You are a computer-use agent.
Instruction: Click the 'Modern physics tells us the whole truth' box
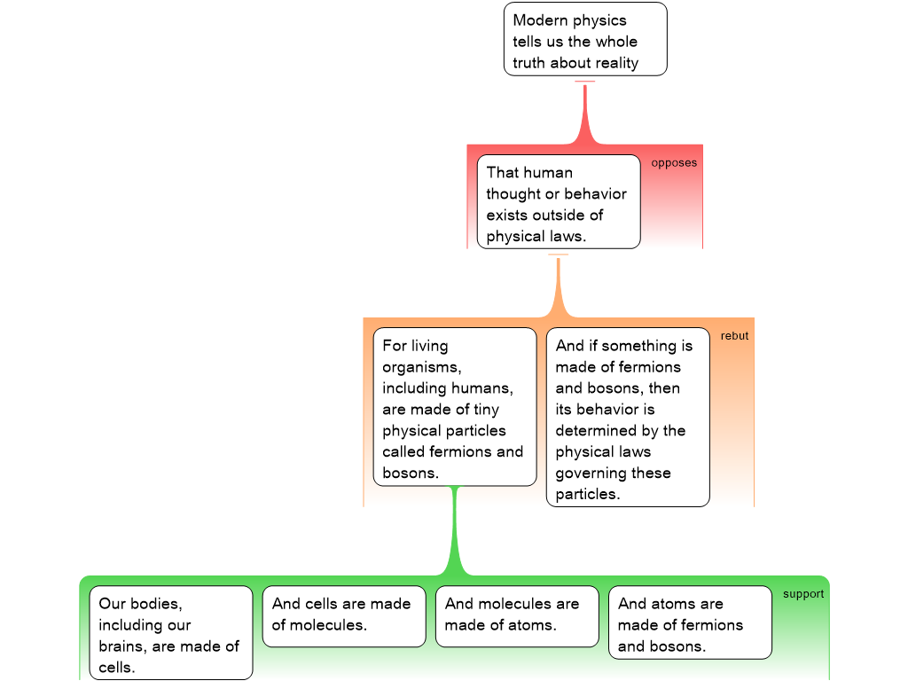pos(585,39)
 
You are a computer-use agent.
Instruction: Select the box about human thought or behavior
pos(558,201)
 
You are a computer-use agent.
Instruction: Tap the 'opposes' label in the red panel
pos(674,163)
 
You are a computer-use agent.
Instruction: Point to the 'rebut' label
pos(734,336)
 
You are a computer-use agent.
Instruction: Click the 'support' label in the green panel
pos(803,594)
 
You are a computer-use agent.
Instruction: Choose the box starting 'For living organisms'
pos(454,407)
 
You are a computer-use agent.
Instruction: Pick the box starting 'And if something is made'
pos(627,418)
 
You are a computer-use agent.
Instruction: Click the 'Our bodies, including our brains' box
pos(170,633)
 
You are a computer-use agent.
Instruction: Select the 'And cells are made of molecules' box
pos(343,615)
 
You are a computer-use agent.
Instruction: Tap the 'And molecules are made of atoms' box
pos(516,615)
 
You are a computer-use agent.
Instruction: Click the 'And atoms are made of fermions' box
pos(689,622)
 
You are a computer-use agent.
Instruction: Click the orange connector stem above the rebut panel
pos(559,286)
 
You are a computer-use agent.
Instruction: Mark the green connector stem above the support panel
pos(455,532)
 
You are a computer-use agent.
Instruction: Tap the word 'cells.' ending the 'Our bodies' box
pos(117,668)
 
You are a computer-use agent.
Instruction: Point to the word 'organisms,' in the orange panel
pos(422,367)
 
